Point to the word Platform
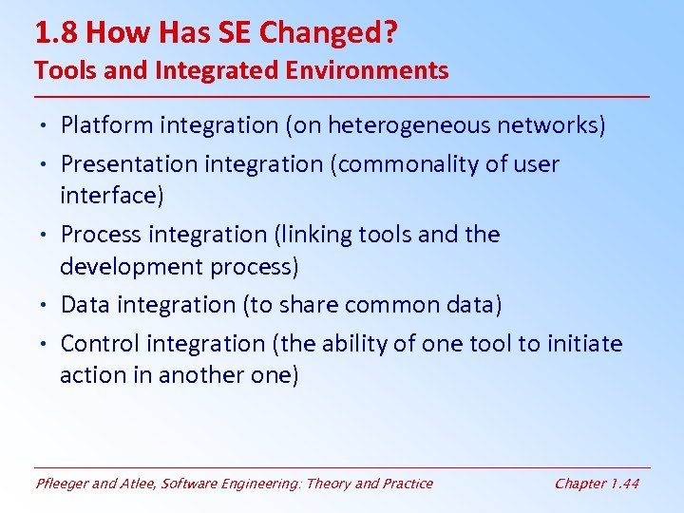pos(105,125)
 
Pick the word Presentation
pos(126,164)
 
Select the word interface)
pos(112,196)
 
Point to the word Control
pos(97,344)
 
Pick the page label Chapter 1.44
pos(597,484)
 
